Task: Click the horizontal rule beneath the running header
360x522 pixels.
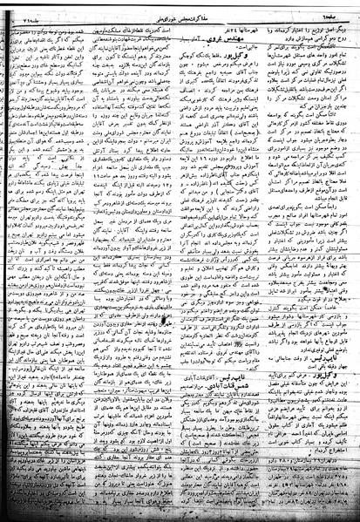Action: point(180,19)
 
